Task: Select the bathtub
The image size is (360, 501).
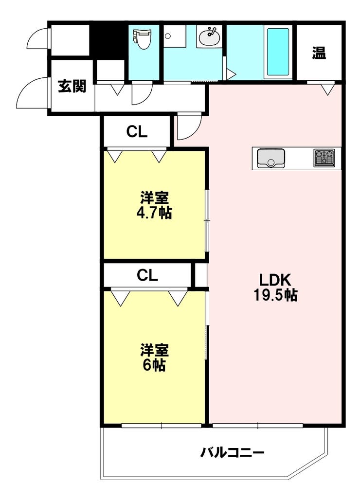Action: click(x=278, y=52)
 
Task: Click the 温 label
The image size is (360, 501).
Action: click(x=319, y=53)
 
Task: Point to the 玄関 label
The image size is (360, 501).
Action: click(x=72, y=86)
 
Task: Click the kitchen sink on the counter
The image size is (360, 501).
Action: click(x=271, y=158)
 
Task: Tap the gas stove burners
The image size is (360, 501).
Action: click(x=324, y=158)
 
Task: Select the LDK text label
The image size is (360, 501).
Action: click(x=275, y=280)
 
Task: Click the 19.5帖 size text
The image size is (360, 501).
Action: click(x=276, y=295)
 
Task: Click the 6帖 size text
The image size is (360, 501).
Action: click(x=154, y=365)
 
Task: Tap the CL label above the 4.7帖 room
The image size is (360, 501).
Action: click(x=137, y=132)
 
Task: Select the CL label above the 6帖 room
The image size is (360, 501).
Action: click(x=147, y=275)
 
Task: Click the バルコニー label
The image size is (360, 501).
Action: click(x=233, y=453)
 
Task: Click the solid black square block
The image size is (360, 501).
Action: click(x=108, y=40)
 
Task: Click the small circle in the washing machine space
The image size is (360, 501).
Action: click(x=168, y=36)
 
